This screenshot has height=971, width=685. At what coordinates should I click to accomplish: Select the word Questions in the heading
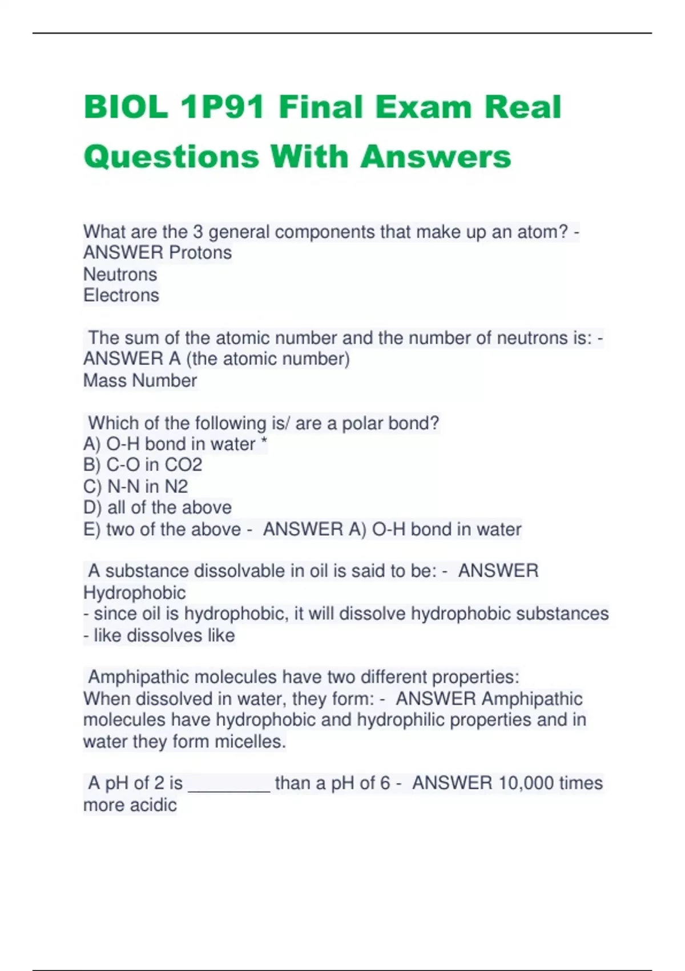pyautogui.click(x=171, y=157)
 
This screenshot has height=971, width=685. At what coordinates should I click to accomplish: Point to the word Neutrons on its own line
pyautogui.click(x=120, y=274)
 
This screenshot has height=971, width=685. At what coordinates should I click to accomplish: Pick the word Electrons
pyautogui.click(x=121, y=295)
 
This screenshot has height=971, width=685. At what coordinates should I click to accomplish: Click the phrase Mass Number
pyautogui.click(x=140, y=380)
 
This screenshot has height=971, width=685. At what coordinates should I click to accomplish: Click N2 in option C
pyautogui.click(x=176, y=487)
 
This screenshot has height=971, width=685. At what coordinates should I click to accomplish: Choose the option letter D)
pyautogui.click(x=92, y=508)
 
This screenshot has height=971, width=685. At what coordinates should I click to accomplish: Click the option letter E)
pyautogui.click(x=92, y=529)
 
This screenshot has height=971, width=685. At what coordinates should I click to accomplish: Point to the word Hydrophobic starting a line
pyautogui.click(x=134, y=593)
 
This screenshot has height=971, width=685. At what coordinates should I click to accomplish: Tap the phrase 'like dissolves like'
pyautogui.click(x=164, y=636)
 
